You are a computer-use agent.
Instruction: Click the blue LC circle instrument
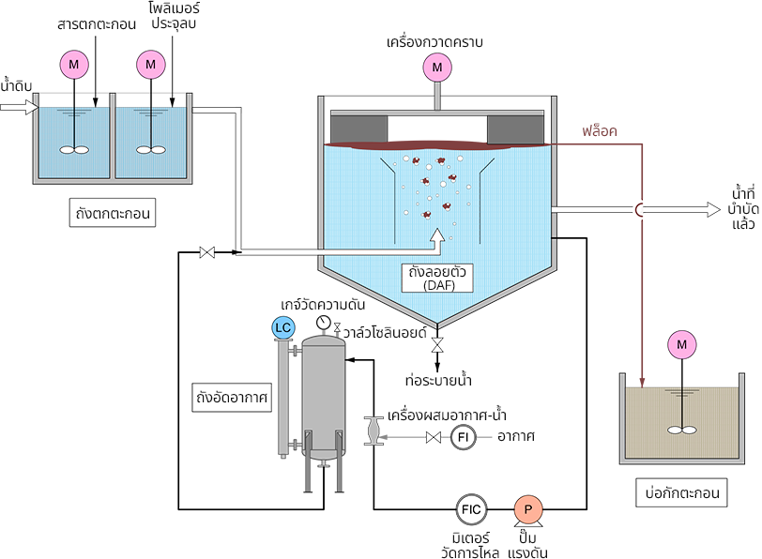pos(282,327)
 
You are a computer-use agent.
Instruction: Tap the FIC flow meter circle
pos(471,508)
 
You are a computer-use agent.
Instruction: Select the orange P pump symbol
pos(527,508)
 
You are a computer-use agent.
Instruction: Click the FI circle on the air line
pos(464,437)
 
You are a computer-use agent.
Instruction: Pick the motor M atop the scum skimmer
pos(435,67)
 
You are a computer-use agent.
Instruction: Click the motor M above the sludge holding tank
pos(682,346)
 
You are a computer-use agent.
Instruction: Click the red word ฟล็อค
pos(600,131)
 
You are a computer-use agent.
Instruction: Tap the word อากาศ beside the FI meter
pos(517,437)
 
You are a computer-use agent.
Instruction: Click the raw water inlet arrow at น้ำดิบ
pos(16,107)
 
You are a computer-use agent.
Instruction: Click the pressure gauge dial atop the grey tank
pos(324,323)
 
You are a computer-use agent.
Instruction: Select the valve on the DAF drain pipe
pos(437,348)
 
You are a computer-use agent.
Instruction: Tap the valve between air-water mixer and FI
pos(434,437)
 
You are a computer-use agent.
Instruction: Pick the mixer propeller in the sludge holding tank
pos(682,430)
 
